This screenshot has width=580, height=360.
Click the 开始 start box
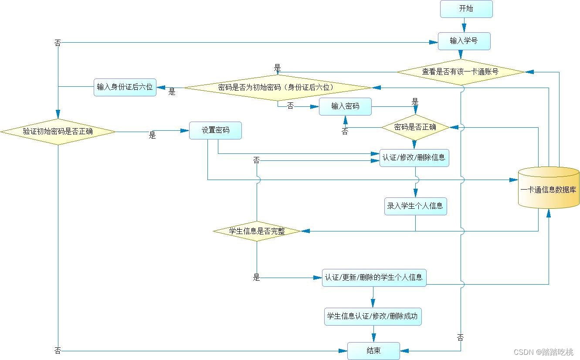pos(466,9)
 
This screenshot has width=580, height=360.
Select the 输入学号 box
pos(464,41)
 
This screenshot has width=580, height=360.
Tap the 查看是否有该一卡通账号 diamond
pos(460,72)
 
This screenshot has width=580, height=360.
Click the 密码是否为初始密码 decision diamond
pos(278,88)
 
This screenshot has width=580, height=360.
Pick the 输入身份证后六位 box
pos(125,87)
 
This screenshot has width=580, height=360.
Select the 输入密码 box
pos(345,106)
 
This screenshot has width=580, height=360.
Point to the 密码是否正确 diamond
pos(415,127)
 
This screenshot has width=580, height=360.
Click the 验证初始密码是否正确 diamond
pos(58,131)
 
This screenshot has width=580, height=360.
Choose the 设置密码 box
pos(215,130)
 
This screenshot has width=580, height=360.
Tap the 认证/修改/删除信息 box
pos(414,158)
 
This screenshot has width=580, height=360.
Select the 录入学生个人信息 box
pos(415,206)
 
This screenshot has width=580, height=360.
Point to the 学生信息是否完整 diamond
pos(257,231)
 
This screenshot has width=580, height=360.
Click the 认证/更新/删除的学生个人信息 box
pos(374,278)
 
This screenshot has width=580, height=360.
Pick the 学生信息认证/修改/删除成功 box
pos(373,316)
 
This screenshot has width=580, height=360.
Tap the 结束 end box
pos(373,351)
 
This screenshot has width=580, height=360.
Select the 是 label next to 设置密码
pos(152,136)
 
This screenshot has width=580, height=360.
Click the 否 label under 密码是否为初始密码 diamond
pos(290,106)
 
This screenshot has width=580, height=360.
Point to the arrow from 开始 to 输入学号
pos(465,25)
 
